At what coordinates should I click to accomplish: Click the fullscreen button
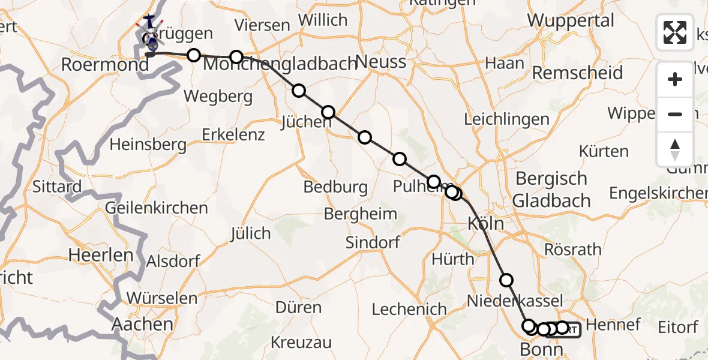click(675, 32)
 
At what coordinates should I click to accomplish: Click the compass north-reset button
click(675, 149)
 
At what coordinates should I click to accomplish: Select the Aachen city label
click(143, 325)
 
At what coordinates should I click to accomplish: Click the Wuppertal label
click(571, 20)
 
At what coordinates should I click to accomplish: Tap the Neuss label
click(380, 61)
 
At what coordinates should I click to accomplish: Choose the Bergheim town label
click(360, 213)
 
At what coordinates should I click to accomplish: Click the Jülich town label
click(250, 233)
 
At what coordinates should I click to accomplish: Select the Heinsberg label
click(148, 144)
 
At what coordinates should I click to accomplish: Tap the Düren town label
click(298, 308)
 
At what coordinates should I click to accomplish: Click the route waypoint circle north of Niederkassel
click(506, 280)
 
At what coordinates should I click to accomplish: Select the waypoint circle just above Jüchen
click(328, 112)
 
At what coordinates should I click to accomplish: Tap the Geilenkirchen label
click(156, 208)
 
